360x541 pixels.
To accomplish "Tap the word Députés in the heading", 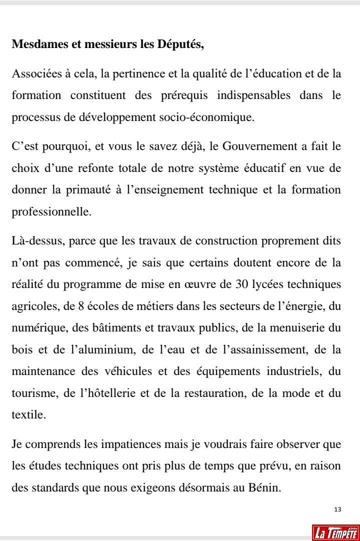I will click(x=182, y=44).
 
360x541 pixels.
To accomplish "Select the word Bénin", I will click(x=267, y=486).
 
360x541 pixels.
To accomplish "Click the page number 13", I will click(x=337, y=509).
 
